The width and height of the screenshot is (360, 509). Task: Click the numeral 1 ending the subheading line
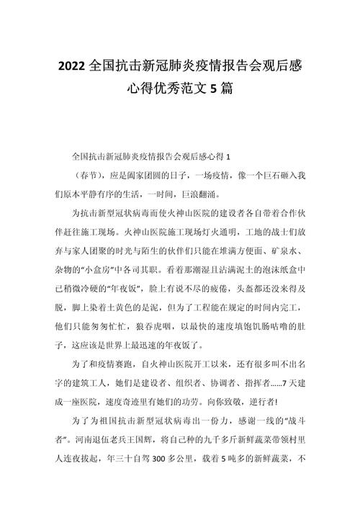228,156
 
